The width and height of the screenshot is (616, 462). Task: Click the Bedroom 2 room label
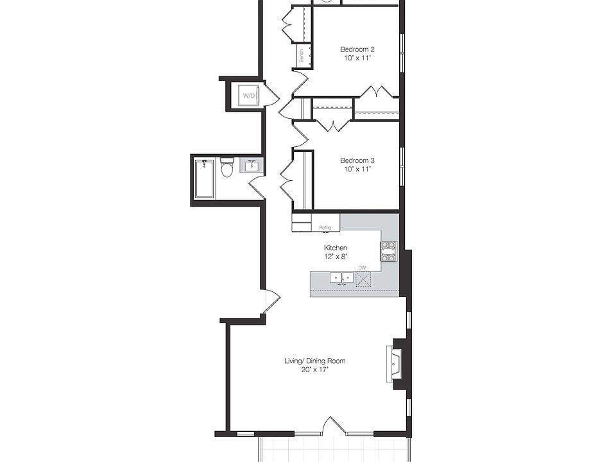pyautogui.click(x=357, y=49)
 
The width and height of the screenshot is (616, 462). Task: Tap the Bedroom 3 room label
pyautogui.click(x=357, y=160)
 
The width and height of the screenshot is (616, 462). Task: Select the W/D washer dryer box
pyautogui.click(x=248, y=96)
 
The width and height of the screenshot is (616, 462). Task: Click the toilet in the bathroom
pyautogui.click(x=227, y=169)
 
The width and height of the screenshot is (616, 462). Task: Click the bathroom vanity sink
pyautogui.click(x=252, y=166)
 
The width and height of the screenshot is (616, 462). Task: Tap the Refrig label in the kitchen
pyautogui.click(x=325, y=227)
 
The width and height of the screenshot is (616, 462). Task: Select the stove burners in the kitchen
pyautogui.click(x=389, y=252)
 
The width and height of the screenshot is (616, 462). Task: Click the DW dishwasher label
pyautogui.click(x=362, y=268)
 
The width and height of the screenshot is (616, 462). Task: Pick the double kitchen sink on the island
pyautogui.click(x=341, y=278)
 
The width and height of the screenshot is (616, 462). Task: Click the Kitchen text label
pyautogui.click(x=335, y=248)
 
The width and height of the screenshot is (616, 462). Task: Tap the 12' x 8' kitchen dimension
pyautogui.click(x=335, y=256)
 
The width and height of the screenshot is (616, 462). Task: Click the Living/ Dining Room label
pyautogui.click(x=314, y=361)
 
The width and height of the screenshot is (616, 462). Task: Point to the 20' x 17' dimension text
pyautogui.click(x=314, y=370)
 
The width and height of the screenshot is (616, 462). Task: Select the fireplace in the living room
pyautogui.click(x=393, y=364)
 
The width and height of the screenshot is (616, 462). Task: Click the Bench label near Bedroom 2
pyautogui.click(x=301, y=56)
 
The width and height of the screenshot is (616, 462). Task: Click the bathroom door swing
pyautogui.click(x=257, y=187)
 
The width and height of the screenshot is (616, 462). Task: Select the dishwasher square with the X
pyautogui.click(x=363, y=278)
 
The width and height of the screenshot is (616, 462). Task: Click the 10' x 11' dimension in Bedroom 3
pyautogui.click(x=357, y=169)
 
